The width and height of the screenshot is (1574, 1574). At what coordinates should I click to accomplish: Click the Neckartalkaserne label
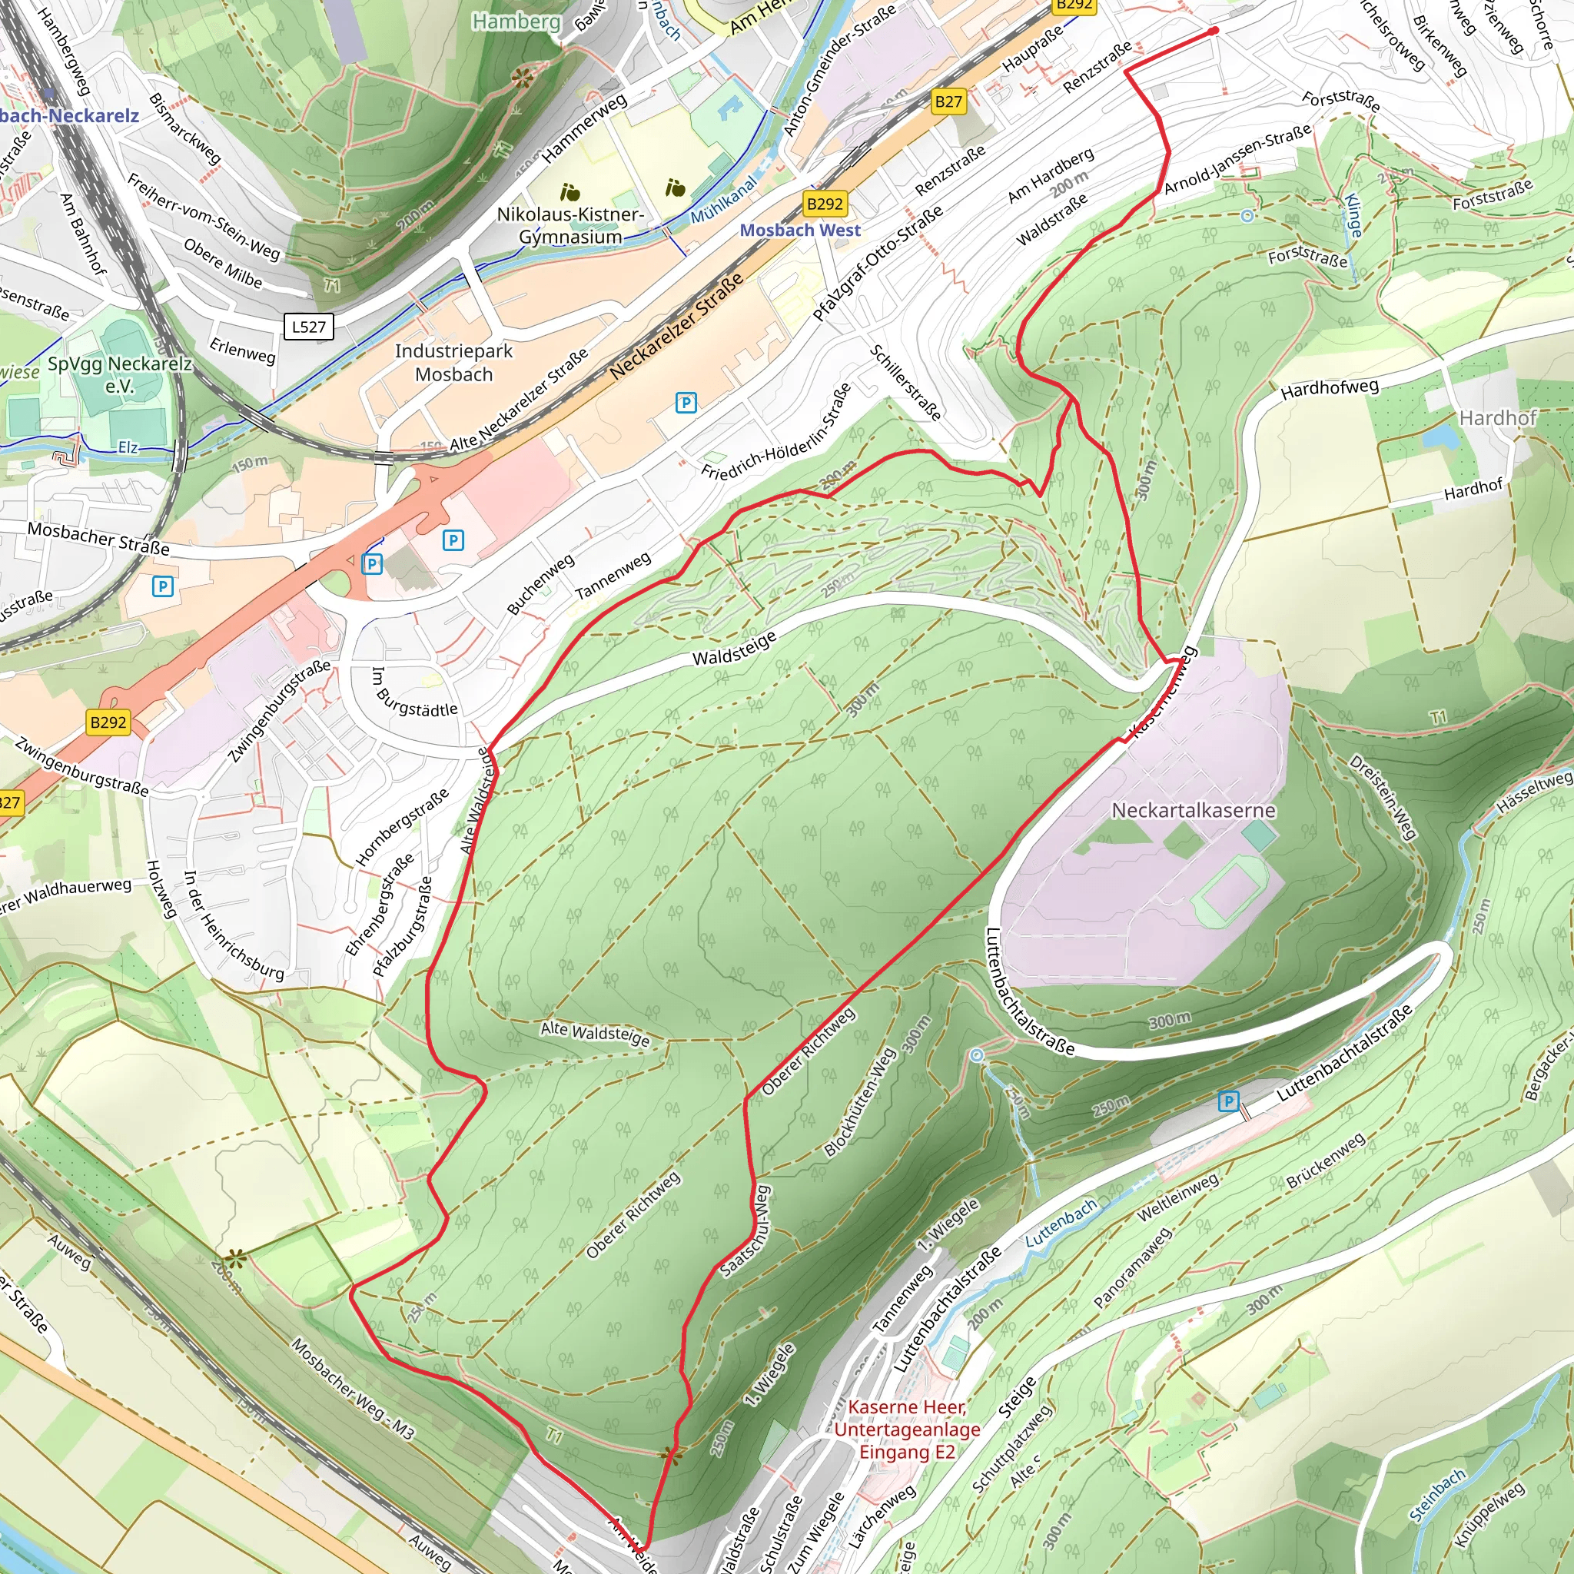[1193, 811]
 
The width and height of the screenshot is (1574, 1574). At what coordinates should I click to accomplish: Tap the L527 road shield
[309, 327]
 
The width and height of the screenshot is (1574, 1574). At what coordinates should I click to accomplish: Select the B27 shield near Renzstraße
[948, 102]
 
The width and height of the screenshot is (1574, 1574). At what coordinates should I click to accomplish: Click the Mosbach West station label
[799, 231]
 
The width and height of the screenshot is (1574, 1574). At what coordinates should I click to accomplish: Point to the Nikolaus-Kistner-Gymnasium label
[570, 226]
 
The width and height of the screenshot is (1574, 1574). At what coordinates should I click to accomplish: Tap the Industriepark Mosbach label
[453, 363]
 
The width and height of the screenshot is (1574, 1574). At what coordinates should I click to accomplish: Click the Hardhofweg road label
[1329, 389]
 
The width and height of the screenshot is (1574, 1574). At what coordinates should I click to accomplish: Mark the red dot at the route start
[1213, 31]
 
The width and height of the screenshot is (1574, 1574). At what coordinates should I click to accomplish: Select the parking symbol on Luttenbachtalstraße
[1229, 1102]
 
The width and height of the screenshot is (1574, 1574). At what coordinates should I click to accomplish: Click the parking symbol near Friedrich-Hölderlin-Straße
[686, 403]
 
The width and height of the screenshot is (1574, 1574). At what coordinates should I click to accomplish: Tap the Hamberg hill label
[516, 22]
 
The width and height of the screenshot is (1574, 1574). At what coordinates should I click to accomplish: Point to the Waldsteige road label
[734, 650]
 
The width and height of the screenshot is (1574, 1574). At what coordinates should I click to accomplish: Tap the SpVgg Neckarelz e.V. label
[120, 374]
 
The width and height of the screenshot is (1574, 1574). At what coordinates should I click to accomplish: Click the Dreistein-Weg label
[1383, 797]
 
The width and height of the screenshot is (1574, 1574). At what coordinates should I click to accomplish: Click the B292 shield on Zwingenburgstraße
[108, 722]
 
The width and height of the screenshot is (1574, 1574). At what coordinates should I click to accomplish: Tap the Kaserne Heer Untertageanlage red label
[907, 1429]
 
